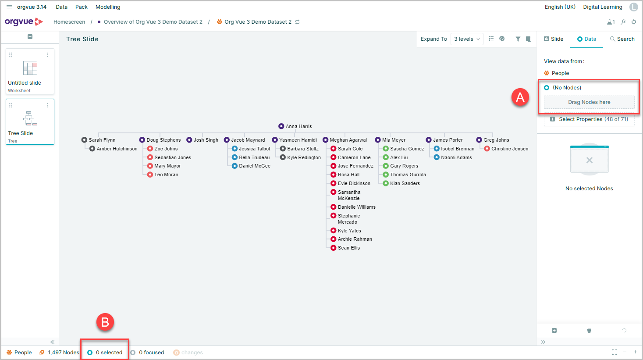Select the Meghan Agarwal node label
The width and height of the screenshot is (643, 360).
[348, 140]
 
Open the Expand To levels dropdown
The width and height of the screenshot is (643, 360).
[467, 39]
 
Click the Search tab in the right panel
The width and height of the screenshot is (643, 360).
[622, 39]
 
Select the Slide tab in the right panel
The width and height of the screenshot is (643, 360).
[554, 39]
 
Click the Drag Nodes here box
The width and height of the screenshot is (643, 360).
[589, 102]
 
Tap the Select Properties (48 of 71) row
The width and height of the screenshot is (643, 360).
[589, 119]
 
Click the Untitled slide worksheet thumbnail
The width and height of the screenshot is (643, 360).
[30, 71]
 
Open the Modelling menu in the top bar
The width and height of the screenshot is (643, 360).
[108, 7]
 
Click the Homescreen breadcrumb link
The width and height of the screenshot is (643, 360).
[69, 22]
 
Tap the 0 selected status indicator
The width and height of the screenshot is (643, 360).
[105, 353]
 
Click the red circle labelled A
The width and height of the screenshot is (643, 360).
[520, 97]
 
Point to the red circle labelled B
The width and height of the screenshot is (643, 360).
[105, 322]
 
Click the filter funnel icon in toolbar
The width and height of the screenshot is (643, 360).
[518, 39]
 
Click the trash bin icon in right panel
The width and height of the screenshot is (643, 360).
[589, 331]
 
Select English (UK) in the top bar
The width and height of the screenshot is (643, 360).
[560, 7]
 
